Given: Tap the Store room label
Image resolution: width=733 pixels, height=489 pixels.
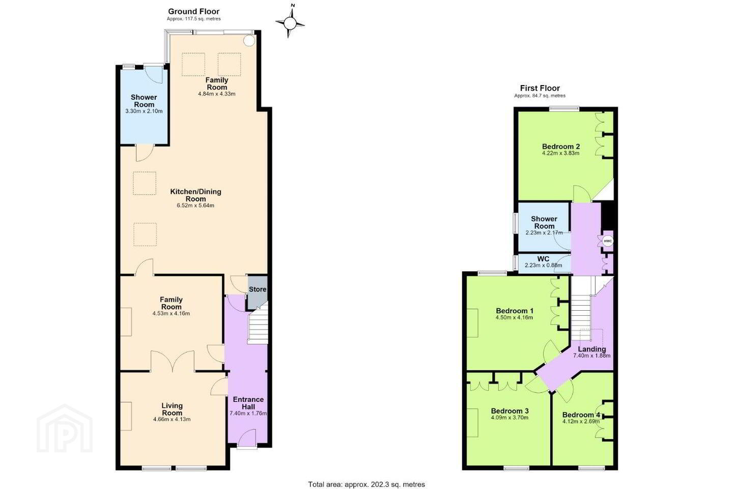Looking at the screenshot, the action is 258,289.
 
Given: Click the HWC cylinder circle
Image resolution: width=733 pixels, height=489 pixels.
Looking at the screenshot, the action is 608,241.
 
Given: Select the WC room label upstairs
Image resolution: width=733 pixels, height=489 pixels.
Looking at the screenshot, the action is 543,259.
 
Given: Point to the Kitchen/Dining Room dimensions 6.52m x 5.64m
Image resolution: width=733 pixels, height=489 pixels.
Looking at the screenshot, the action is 195,206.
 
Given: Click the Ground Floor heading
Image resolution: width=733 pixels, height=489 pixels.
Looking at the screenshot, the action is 194,12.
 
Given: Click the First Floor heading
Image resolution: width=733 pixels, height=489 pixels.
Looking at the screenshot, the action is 540,88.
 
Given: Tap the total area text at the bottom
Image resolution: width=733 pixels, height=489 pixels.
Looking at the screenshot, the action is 366,484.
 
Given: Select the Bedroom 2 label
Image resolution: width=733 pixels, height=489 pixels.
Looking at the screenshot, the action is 561,146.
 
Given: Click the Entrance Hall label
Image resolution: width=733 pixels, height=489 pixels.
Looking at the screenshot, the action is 248,403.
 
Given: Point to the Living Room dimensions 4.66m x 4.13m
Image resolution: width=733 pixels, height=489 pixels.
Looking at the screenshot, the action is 172,419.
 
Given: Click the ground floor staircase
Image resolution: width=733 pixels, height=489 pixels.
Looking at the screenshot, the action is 259,328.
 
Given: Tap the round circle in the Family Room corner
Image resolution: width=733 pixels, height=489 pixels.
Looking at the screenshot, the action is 249,41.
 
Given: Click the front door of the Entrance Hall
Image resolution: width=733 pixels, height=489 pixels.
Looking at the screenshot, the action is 247,438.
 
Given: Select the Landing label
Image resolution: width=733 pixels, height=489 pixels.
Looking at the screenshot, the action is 592,349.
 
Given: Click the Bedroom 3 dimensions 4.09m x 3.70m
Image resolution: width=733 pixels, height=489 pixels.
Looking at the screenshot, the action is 510,418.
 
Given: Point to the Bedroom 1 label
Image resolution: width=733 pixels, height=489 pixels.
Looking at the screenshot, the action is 515,311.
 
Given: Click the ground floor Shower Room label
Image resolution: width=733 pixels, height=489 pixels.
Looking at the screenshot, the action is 144,101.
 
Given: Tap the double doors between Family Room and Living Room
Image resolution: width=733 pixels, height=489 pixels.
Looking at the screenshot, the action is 173,361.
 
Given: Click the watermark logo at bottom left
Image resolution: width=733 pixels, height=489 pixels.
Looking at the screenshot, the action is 65,428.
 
